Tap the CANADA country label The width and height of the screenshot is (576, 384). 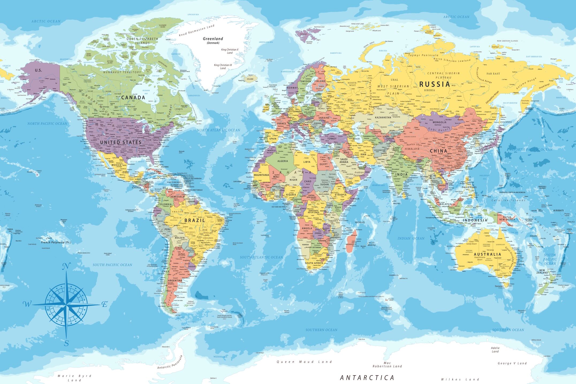(133, 97)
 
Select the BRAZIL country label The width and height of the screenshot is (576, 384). (195, 220)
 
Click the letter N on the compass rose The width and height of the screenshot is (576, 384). (66, 266)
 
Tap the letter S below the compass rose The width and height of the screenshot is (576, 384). (67, 343)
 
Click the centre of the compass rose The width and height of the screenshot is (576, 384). (66, 305)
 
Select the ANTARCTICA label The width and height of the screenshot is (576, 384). (367, 378)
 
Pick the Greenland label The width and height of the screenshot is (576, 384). (213, 39)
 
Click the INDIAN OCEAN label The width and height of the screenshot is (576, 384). (411, 238)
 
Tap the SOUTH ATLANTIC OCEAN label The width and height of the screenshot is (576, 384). (261, 257)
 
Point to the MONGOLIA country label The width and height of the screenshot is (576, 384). (439, 122)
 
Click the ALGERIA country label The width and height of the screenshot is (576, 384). (283, 161)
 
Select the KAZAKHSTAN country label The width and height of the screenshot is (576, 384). (383, 117)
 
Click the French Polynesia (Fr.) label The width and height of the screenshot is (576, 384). (56, 242)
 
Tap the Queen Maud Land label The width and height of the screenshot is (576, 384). (304, 362)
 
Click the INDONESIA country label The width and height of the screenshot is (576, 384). (475, 220)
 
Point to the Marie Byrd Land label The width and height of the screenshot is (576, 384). (74, 378)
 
